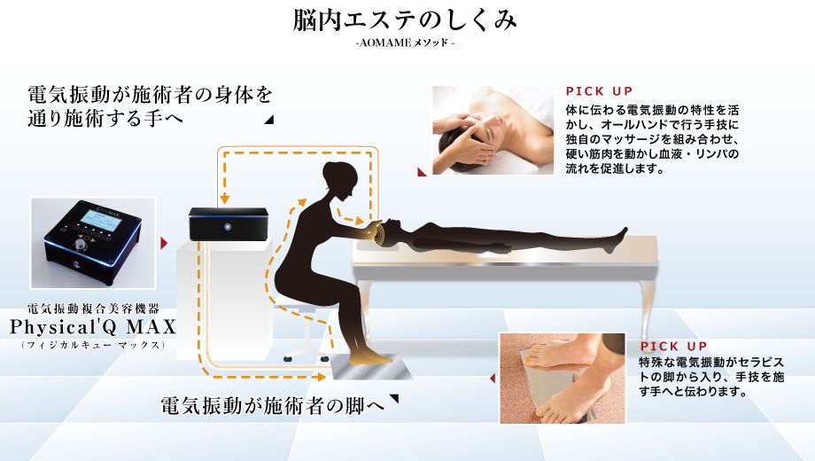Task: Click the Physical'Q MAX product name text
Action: (x=93, y=327)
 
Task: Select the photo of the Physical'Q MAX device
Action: (x=93, y=242)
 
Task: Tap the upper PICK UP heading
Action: (x=599, y=91)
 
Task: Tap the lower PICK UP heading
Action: (x=672, y=347)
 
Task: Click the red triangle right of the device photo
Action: (x=164, y=242)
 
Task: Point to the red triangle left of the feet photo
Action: (x=492, y=379)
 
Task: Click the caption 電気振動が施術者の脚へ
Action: (x=272, y=406)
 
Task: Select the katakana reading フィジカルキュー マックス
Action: (x=93, y=344)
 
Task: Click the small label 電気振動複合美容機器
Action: (x=93, y=309)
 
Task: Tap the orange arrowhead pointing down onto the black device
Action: (x=225, y=199)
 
